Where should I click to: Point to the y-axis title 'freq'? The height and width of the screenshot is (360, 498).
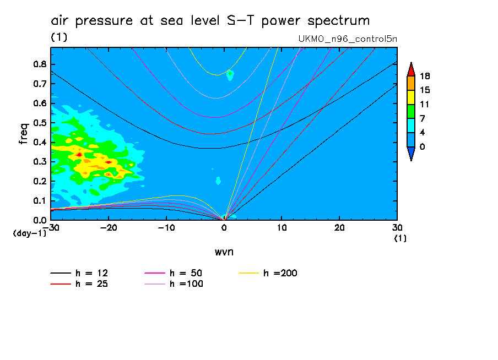pos(23,133)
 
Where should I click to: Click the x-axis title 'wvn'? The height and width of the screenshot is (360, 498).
pos(224,252)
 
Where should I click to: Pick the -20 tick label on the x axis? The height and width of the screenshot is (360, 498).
pos(108,228)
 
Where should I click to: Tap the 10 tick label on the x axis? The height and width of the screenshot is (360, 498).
pos(282,228)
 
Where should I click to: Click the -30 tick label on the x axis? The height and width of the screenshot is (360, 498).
pos(50,228)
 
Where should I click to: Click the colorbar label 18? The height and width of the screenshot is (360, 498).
pos(425,76)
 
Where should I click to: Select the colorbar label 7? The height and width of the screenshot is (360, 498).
pos(423,118)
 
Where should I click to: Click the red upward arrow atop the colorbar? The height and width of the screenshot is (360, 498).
pos(411,69)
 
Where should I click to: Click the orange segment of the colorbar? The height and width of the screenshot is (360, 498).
pos(411,83)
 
